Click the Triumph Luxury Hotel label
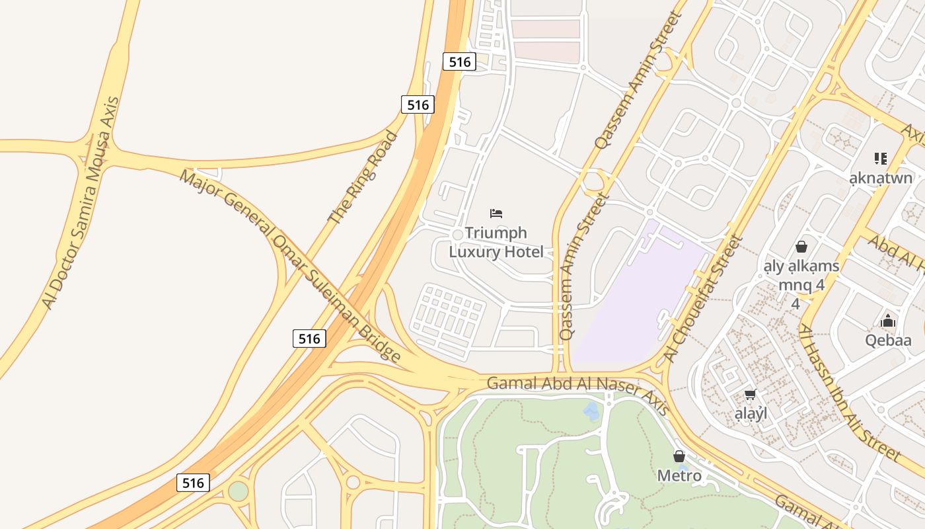point(496,242)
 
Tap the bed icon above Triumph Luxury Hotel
point(496,213)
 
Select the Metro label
point(679,475)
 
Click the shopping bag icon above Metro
point(679,456)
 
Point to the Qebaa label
point(888,341)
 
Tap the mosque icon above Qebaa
point(888,321)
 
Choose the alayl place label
point(751,414)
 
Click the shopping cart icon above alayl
point(750,395)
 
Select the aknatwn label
point(881,178)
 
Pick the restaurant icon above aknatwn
point(880,158)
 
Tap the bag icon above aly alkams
point(801,247)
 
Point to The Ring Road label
point(363,177)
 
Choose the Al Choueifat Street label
point(704,298)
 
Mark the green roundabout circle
point(238,491)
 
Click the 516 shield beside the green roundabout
point(193,483)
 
